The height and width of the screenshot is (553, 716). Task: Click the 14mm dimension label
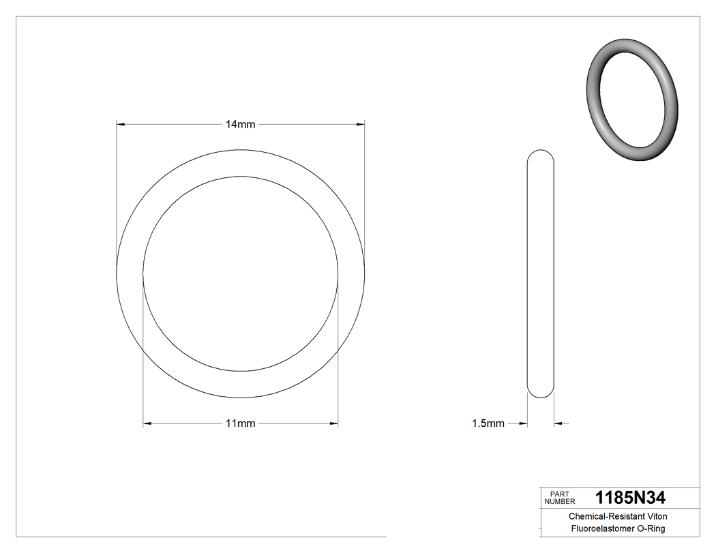pos(241,125)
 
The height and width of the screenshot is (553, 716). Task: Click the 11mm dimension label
pos(241,423)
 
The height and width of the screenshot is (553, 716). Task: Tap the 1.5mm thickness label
pos(488,423)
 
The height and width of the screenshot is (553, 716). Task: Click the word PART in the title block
pos(558,494)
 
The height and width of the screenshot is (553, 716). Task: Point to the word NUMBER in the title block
pos(561,501)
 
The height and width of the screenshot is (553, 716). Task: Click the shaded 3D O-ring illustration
pos(632,100)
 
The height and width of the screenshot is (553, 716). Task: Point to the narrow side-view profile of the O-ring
pos(541,273)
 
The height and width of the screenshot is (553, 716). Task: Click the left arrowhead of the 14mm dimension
pos(121,125)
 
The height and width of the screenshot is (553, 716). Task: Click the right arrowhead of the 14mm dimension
pos(360,125)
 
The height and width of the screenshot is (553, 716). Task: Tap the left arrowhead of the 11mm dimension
pos(147,423)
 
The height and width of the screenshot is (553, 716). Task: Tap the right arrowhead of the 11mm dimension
pos(334,423)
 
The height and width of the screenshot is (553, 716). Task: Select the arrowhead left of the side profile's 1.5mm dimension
pos(524,423)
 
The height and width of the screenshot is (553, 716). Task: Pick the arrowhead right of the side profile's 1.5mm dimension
pos(558,423)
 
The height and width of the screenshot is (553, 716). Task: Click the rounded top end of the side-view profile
pos(541,154)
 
